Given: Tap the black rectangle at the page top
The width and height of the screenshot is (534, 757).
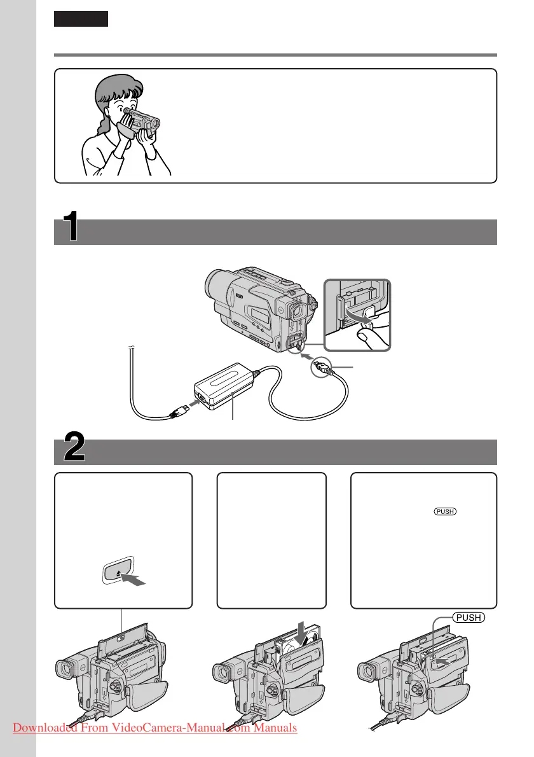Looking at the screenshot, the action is [x=81, y=19].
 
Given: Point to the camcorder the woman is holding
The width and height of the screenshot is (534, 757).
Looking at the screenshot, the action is [x=136, y=119].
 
